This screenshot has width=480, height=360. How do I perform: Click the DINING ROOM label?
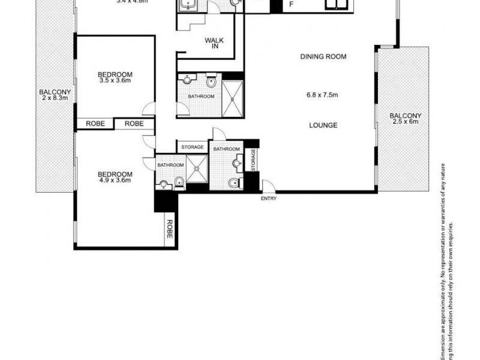tap(324, 56)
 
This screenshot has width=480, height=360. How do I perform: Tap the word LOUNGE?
tap(323, 125)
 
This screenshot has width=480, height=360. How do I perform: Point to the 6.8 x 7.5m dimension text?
tap(322, 94)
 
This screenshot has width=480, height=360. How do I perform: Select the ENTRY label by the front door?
tap(268, 199)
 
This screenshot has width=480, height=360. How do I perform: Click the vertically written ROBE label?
tap(169, 229)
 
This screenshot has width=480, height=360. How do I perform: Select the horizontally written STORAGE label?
tap(193, 146)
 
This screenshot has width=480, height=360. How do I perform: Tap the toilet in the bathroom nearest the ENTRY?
tap(233, 182)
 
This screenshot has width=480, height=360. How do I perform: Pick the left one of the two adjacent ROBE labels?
tap(95, 123)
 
